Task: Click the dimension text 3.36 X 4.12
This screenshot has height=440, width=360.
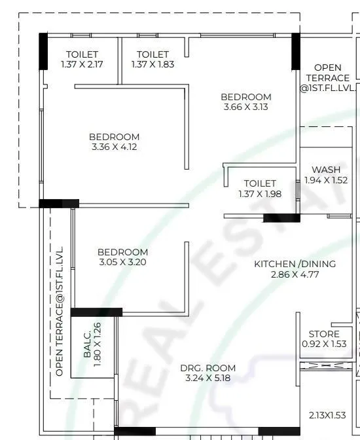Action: click(x=115, y=147)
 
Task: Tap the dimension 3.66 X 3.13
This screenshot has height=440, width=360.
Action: click(x=246, y=107)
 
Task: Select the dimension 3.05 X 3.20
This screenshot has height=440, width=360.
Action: click(x=122, y=262)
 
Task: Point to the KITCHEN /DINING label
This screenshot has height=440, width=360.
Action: click(x=295, y=264)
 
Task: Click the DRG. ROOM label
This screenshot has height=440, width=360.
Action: click(x=208, y=368)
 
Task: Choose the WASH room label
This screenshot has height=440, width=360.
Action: click(x=325, y=170)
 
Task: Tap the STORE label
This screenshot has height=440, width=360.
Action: click(x=325, y=333)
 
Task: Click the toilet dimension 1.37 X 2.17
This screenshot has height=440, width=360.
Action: click(x=82, y=64)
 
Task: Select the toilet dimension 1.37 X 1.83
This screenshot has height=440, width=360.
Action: click(x=153, y=64)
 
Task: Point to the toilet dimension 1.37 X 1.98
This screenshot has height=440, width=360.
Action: click(x=260, y=194)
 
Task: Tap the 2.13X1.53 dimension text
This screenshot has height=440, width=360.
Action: click(x=326, y=415)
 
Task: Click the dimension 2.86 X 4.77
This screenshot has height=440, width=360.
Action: click(x=295, y=274)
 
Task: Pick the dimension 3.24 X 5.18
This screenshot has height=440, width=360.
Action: click(x=208, y=378)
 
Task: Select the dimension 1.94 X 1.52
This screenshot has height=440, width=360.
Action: click(x=325, y=180)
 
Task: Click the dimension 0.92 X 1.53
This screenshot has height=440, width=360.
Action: click(x=325, y=344)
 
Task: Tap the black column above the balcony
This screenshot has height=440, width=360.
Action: click(x=96, y=312)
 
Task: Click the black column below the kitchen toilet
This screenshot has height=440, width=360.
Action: click(x=281, y=219)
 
